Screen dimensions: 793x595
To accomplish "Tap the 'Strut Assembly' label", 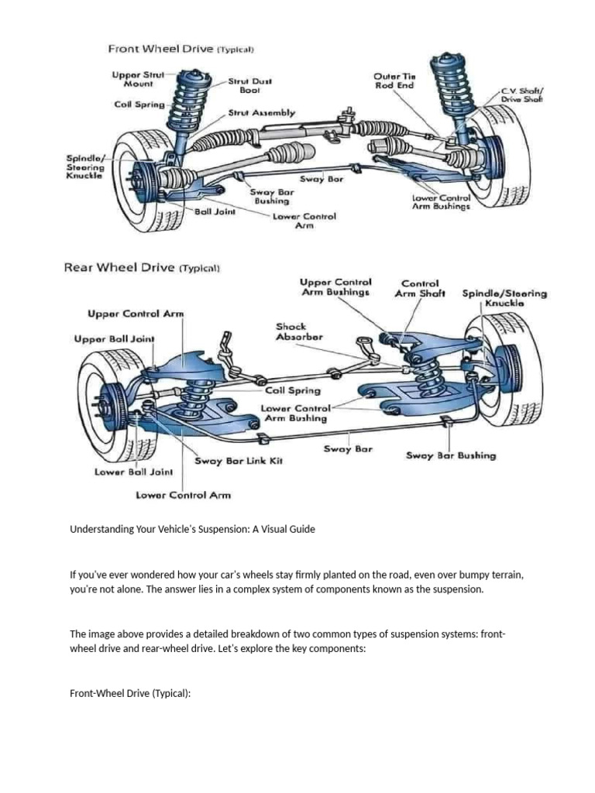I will (x=261, y=113).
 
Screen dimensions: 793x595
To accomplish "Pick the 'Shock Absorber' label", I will (x=298, y=332).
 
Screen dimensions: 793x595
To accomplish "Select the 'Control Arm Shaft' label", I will (x=420, y=288).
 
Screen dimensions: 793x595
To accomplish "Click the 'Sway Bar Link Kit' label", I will (x=239, y=460).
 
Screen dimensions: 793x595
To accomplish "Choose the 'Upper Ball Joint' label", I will (x=114, y=339).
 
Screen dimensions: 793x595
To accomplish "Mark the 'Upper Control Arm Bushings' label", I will (x=335, y=287).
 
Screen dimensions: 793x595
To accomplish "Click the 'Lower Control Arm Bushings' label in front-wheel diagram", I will (x=440, y=203).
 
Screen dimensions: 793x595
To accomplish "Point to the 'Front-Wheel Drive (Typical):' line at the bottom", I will (x=129, y=693).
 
